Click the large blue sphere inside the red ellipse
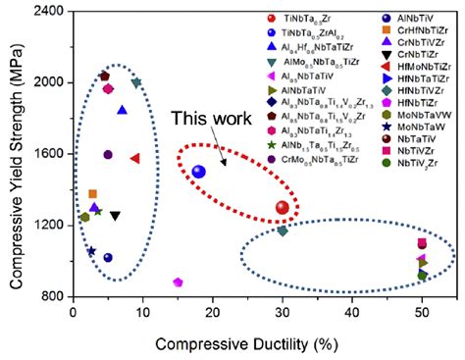coord(199,172)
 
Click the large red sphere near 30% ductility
coord(283,208)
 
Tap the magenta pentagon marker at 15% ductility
coord(178,283)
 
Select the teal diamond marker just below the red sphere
coord(283,231)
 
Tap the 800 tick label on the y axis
coord(51,296)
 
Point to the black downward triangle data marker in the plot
coord(115,216)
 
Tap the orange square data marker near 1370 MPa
coord(93,194)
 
